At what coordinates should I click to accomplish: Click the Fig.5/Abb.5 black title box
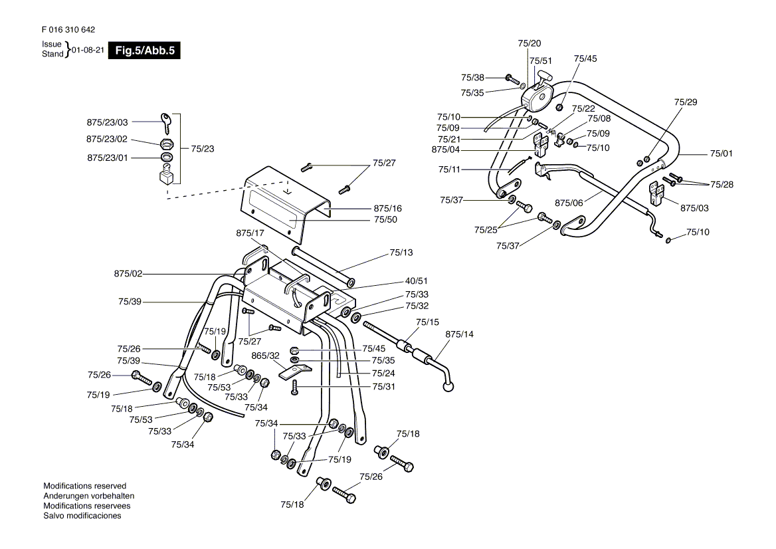click(x=145, y=51)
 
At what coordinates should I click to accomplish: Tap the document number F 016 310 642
click(x=68, y=30)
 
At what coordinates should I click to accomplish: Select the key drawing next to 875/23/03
click(x=166, y=123)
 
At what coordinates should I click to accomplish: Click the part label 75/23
click(x=203, y=148)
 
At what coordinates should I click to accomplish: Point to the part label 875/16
click(x=387, y=209)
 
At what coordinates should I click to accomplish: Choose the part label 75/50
click(x=385, y=219)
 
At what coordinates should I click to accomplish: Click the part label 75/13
click(x=401, y=253)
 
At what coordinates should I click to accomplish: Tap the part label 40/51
click(x=416, y=281)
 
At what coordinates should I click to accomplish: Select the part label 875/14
click(x=459, y=334)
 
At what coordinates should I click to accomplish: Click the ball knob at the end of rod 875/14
click(x=449, y=387)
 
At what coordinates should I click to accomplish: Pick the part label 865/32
click(x=265, y=356)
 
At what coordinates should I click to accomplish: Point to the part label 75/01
click(x=721, y=154)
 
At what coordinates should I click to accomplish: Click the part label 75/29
click(x=686, y=102)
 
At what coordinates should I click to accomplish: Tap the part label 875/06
click(x=569, y=203)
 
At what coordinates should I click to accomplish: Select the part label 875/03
click(x=694, y=208)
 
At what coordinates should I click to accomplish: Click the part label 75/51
click(x=540, y=61)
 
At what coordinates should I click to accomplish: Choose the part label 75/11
click(x=449, y=169)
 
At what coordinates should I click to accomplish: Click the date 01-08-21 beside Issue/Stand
click(x=88, y=50)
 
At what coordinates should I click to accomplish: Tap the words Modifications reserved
click(x=84, y=486)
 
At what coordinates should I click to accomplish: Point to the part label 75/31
click(x=383, y=387)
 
